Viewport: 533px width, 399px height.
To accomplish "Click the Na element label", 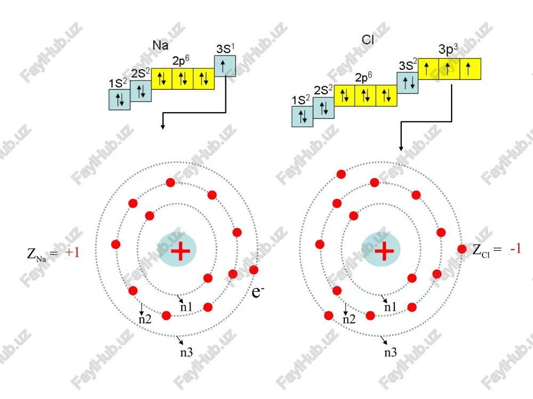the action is point(160,45).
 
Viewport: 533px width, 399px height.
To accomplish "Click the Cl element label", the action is point(368,40).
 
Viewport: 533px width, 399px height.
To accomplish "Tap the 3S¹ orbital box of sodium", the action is point(225,66).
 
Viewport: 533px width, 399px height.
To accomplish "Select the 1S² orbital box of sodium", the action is point(119,99).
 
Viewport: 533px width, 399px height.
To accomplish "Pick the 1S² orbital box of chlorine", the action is point(302,117).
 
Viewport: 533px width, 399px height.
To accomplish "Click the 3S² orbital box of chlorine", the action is point(408,82).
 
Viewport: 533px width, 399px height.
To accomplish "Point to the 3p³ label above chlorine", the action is point(448,49).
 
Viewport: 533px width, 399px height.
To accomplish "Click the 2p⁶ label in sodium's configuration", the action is point(181,61).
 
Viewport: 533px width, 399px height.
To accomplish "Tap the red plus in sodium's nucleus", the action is point(181,251).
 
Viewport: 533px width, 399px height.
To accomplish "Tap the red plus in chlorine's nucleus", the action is point(384,251).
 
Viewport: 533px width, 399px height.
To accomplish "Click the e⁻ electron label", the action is point(257,291).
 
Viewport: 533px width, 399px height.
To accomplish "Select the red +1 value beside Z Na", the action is point(72,252).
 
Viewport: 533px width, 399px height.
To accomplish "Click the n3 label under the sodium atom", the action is point(186,353).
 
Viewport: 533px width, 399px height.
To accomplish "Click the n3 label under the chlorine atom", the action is point(391,353).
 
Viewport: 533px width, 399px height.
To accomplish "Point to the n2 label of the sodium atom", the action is point(145,319).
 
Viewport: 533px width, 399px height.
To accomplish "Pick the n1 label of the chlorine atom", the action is point(390,307).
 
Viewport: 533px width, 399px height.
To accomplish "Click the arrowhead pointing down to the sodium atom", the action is point(163,127).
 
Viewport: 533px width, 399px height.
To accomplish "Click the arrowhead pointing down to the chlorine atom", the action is point(401,148).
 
